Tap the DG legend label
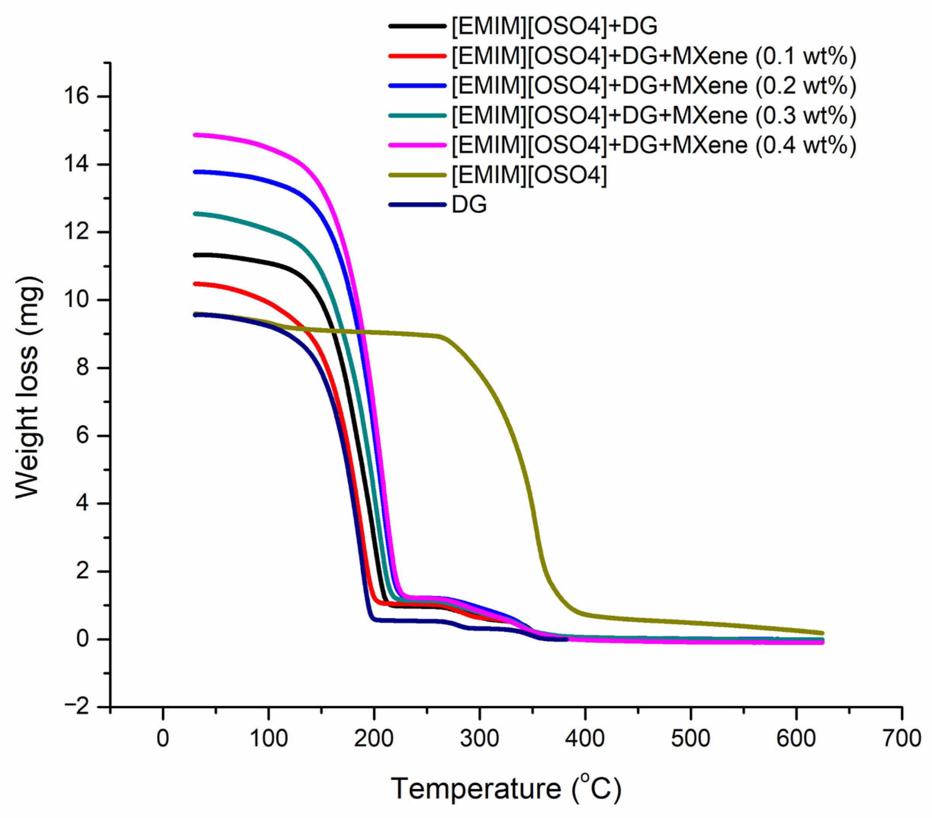469,204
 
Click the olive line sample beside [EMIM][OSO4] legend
417,175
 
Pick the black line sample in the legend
417,26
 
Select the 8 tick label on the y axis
82,368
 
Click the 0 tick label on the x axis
163,738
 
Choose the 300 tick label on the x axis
479,738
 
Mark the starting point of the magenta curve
195,135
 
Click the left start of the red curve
195,284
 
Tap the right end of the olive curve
822,633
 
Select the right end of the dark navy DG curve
566,639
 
